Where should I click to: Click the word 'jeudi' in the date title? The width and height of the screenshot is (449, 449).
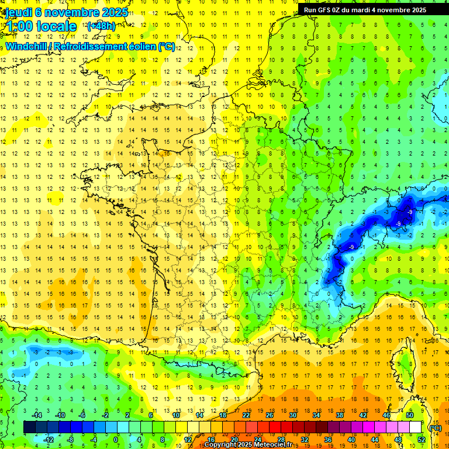click(x=16, y=12)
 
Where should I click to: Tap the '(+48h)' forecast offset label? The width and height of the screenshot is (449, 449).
click(x=101, y=26)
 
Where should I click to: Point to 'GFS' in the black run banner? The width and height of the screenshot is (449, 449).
click(x=328, y=10)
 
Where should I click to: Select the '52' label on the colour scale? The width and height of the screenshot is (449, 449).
click(x=421, y=439)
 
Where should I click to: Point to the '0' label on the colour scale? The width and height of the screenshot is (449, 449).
click(x=115, y=439)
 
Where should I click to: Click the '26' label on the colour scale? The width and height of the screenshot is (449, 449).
click(x=270, y=415)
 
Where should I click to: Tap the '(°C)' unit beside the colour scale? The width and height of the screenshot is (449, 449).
click(x=435, y=427)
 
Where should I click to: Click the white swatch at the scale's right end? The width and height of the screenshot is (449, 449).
click(x=416, y=427)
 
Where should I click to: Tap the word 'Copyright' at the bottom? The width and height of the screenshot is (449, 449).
click(x=220, y=445)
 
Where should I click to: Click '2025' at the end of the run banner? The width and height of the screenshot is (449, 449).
click(x=417, y=10)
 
